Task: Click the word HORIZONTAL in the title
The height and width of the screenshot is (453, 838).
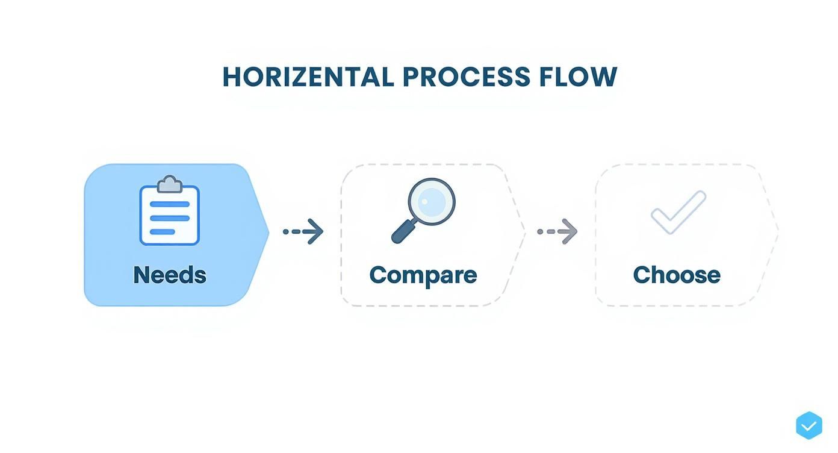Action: [x=308, y=77]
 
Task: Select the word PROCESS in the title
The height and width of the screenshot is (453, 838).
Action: [x=467, y=77]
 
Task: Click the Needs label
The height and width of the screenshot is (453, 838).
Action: [x=169, y=275]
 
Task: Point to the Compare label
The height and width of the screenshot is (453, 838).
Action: [x=423, y=275]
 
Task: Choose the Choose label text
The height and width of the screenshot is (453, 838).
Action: [x=676, y=275]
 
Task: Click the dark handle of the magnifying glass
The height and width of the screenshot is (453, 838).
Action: [x=403, y=232]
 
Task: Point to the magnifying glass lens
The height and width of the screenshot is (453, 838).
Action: [x=431, y=201]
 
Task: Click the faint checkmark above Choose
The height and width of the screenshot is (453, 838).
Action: [x=678, y=211]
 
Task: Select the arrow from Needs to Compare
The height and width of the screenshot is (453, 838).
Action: [x=303, y=231]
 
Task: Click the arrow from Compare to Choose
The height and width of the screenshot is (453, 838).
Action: [x=557, y=231]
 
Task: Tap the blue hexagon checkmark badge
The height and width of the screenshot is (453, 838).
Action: [x=809, y=426]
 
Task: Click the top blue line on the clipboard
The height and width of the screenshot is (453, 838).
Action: [x=169, y=204]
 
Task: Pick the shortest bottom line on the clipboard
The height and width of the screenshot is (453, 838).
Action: [x=162, y=232]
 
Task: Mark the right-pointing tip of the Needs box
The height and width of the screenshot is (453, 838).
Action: [x=267, y=232]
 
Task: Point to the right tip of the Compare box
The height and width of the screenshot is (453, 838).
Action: [x=523, y=232]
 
